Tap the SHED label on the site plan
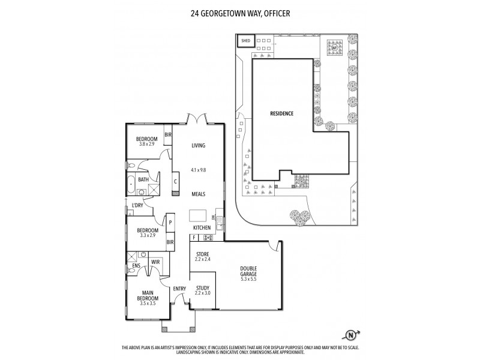tap(246, 41)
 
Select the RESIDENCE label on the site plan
tap(282, 113)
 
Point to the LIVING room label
tap(199, 146)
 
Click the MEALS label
tap(199, 194)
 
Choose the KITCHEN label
tap(202, 228)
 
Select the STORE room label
tap(202, 254)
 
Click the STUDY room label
tap(202, 288)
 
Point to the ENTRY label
tap(179, 289)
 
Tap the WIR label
tap(155, 262)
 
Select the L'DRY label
tap(138, 206)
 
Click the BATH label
tap(143, 179)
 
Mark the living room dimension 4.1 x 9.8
tap(199, 170)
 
